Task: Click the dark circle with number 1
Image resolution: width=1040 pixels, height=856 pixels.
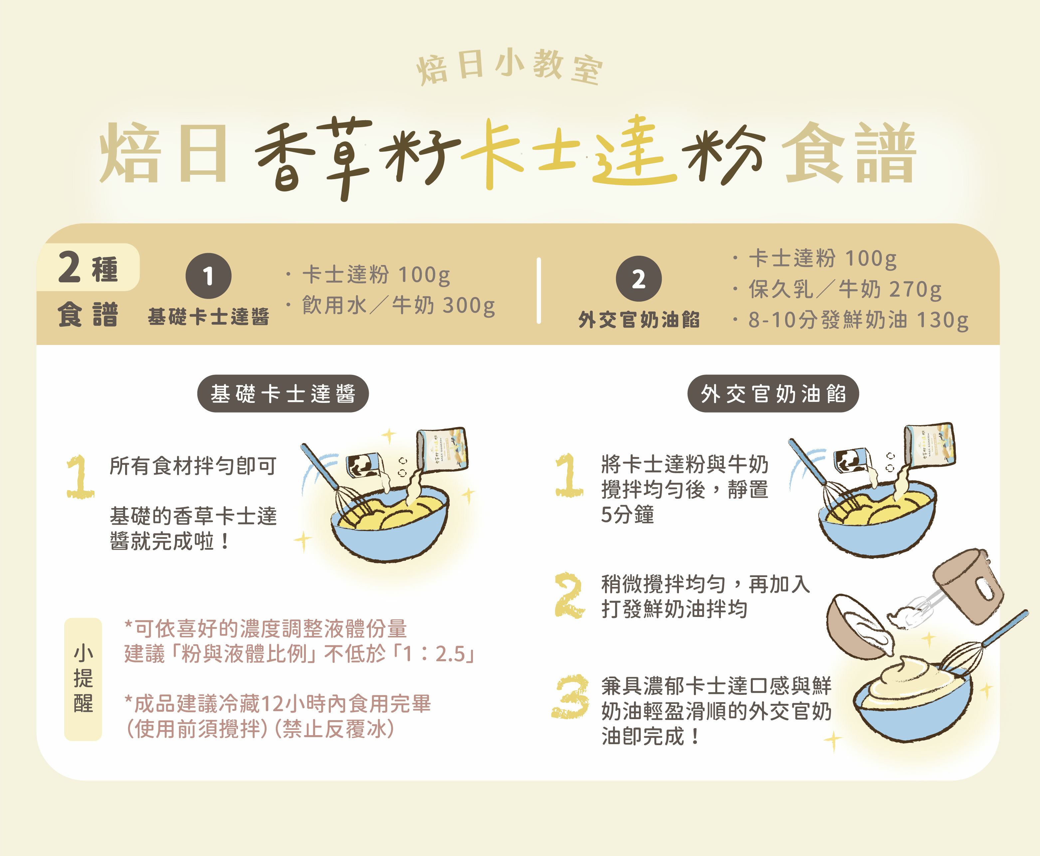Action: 208,276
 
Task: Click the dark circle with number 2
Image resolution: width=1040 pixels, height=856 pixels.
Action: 638,279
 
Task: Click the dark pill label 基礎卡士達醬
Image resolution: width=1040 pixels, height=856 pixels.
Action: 283,394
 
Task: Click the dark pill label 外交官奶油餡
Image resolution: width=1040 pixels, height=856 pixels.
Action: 773,394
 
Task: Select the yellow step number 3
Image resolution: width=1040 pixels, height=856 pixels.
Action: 570,696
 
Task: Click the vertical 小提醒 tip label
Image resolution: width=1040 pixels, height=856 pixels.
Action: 83,679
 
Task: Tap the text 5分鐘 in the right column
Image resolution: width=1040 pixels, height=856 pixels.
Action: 627,515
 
